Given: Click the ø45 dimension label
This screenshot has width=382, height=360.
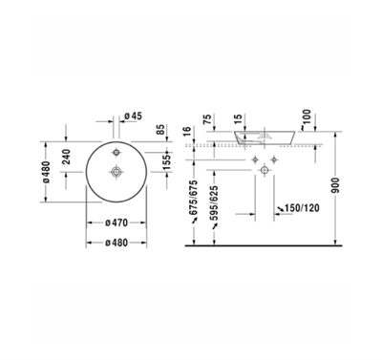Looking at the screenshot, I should (136, 117).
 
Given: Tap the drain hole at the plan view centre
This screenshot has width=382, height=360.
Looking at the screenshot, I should (117, 172).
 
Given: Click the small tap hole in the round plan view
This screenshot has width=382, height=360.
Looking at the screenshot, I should (117, 153).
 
